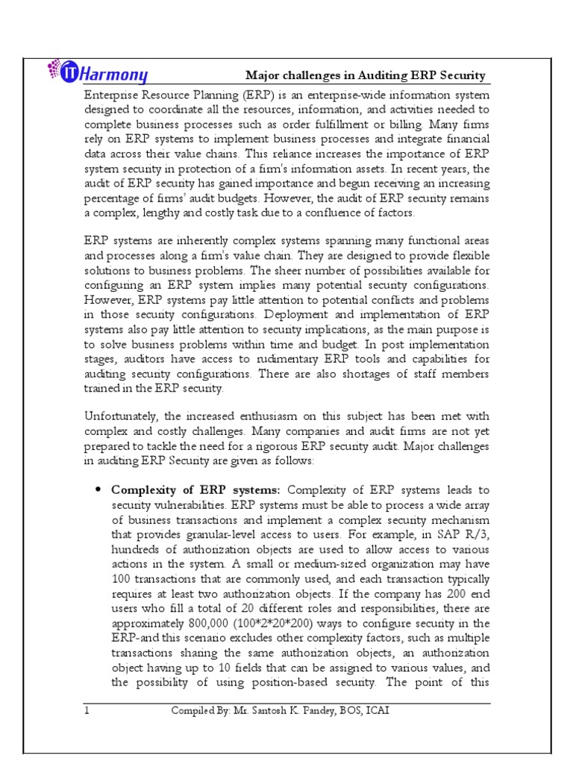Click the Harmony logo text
click(x=119, y=75)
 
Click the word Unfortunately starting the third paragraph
click(x=122, y=416)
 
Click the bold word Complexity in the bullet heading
click(x=141, y=490)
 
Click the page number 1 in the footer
click(x=87, y=711)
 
